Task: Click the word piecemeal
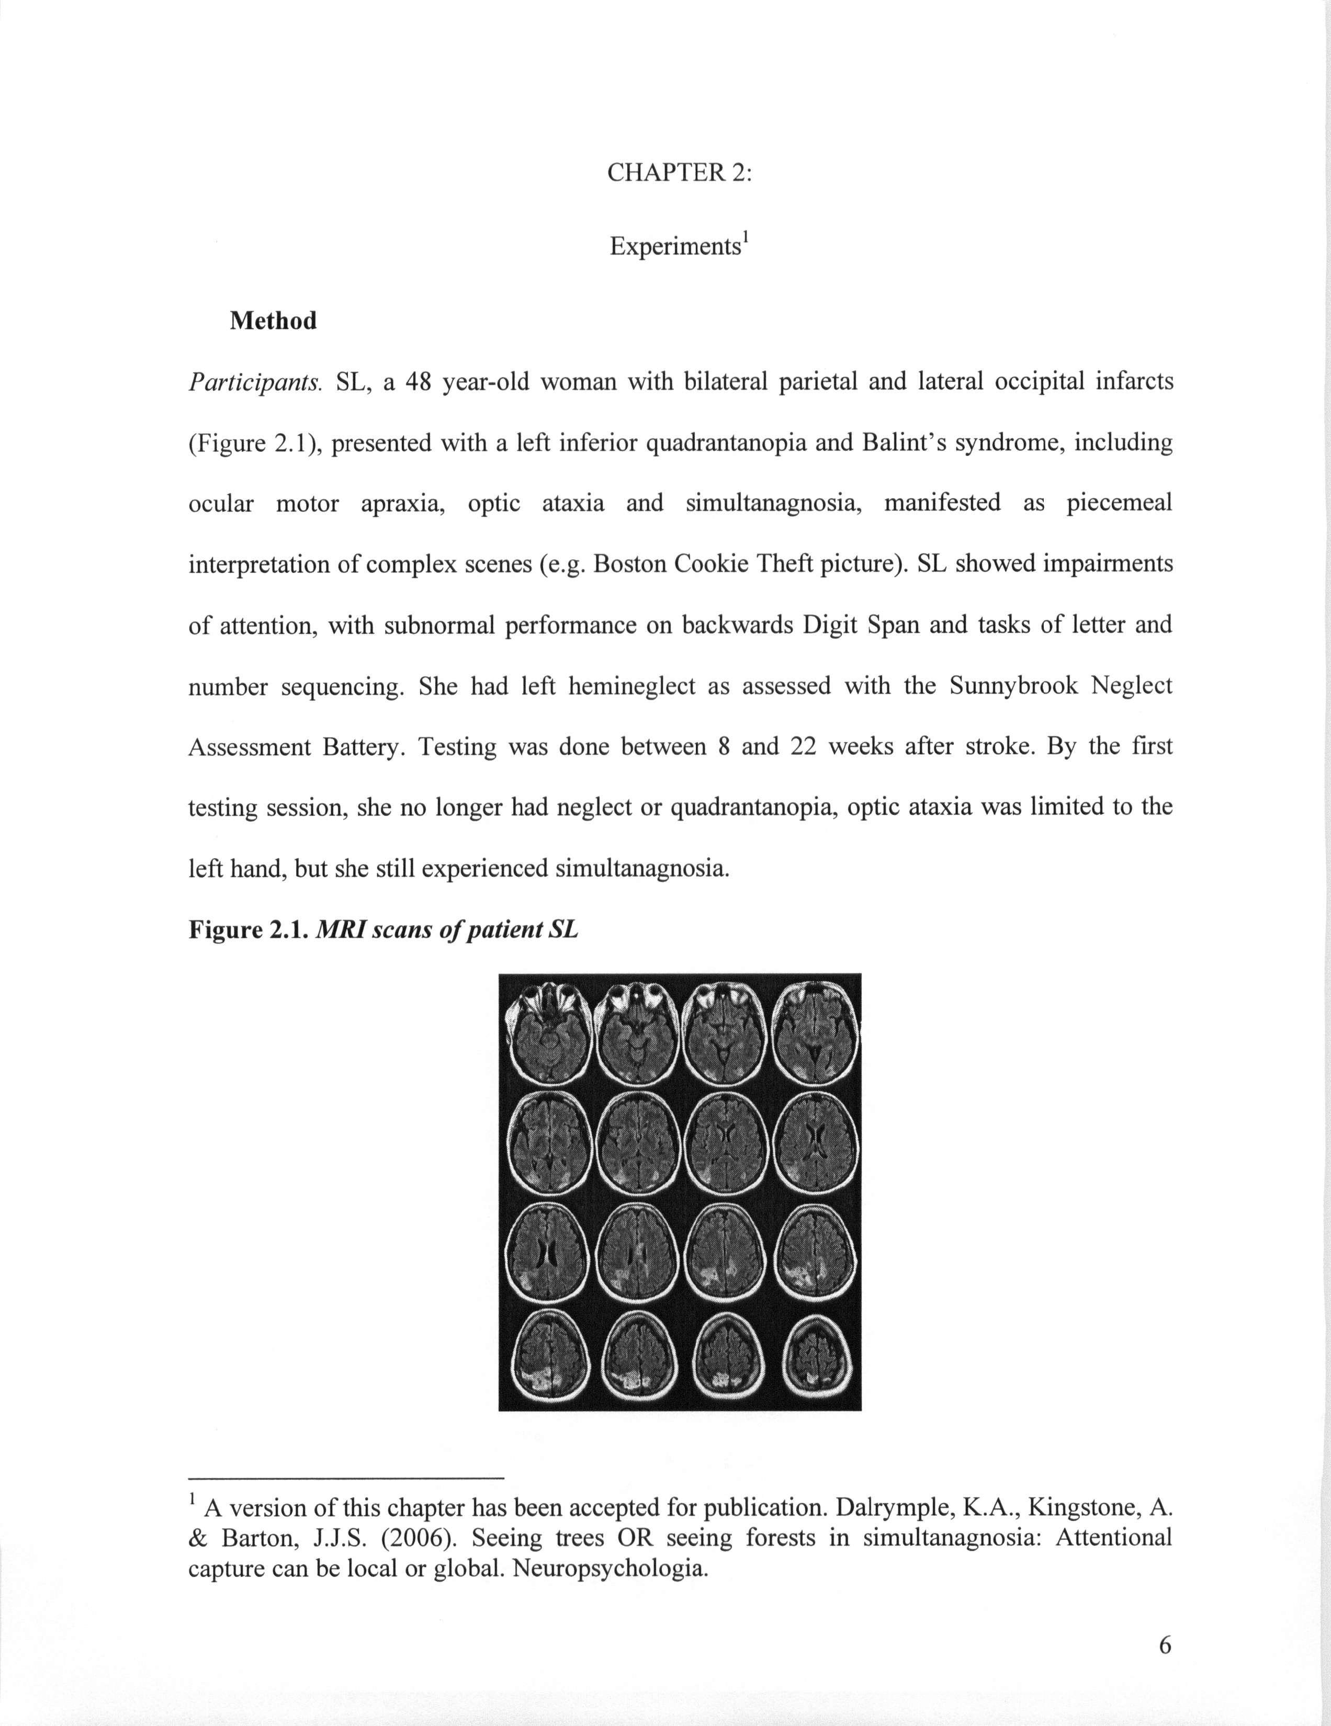pos(1119,503)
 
